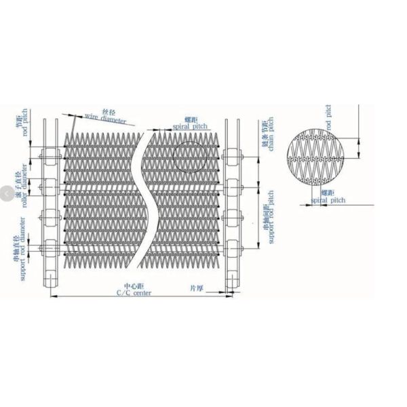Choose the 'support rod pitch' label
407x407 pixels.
click(x=270, y=217)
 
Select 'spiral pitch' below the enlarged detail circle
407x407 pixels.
click(x=328, y=201)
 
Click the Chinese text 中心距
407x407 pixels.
click(x=132, y=286)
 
